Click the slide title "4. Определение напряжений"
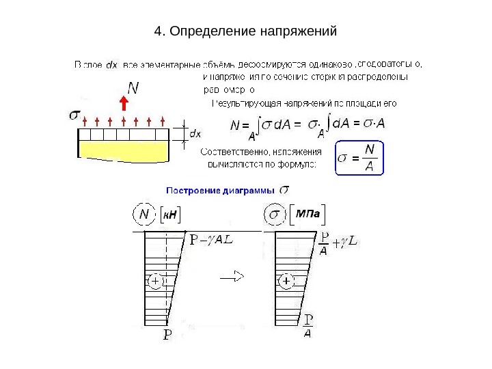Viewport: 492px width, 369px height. (246, 31)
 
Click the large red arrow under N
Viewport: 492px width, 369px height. (124, 103)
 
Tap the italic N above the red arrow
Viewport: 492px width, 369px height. (133, 87)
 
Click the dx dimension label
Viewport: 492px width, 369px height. (195, 133)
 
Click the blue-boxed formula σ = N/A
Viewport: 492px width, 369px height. (360, 158)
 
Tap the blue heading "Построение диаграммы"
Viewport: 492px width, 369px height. (221, 191)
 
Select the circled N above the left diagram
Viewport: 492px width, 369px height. (143, 215)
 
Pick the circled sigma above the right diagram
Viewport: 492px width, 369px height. (275, 215)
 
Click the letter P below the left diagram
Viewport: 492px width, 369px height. (167, 335)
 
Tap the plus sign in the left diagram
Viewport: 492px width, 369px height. (155, 281)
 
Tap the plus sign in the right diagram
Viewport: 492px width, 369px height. (286, 281)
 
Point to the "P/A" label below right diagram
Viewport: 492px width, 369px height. (308, 326)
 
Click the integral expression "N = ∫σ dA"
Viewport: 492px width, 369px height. (270, 126)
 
